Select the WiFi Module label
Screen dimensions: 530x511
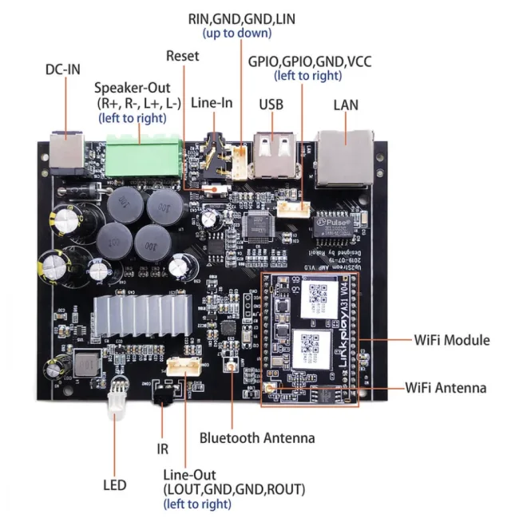point(451,340)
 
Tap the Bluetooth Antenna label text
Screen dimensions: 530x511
point(257,437)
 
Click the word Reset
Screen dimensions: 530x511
point(183,56)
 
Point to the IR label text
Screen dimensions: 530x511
point(162,449)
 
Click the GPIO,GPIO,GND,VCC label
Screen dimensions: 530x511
point(309,61)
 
